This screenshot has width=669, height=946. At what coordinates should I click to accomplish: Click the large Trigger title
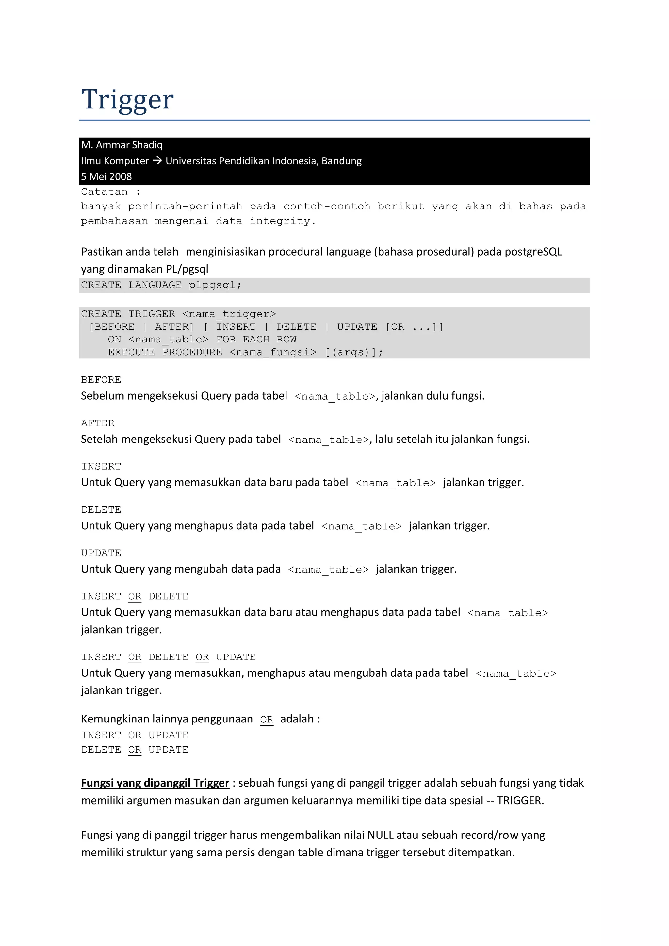pos(127,99)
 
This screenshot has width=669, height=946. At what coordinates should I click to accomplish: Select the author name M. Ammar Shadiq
pos(122,145)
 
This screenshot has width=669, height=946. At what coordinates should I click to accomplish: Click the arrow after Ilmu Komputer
pos(157,161)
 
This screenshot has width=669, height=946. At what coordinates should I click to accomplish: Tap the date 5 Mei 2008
pos(106,177)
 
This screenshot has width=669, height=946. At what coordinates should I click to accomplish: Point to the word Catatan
pos(104,192)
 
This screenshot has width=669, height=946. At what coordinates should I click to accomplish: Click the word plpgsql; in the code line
pos(215,285)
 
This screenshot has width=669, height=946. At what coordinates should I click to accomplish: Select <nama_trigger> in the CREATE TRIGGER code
pos(229,314)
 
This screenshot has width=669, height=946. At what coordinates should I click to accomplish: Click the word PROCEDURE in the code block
pos(192,353)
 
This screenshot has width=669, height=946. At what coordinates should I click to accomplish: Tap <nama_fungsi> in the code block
pos(273,353)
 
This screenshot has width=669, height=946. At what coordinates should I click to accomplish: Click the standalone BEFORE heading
pos(101,380)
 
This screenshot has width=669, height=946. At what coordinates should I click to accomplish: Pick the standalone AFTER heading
pos(98,423)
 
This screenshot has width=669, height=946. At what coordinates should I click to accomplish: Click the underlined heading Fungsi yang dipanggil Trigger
pos(155,783)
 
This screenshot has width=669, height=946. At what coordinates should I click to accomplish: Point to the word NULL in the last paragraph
pos(380,835)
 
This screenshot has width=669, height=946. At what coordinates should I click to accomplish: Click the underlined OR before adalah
pos(267,720)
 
